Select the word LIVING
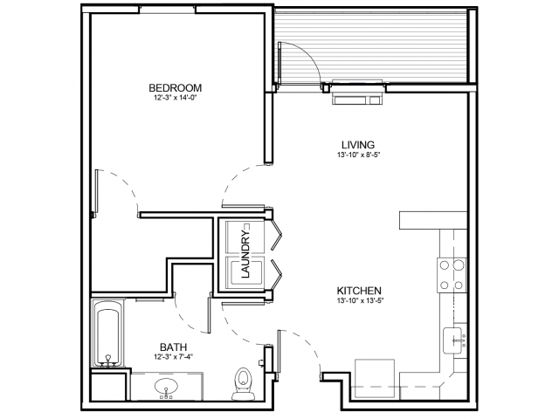click(358, 145)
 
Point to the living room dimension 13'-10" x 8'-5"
click(358, 155)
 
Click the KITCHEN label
click(360, 291)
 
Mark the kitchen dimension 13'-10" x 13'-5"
click(360, 301)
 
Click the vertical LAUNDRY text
click(246, 254)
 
